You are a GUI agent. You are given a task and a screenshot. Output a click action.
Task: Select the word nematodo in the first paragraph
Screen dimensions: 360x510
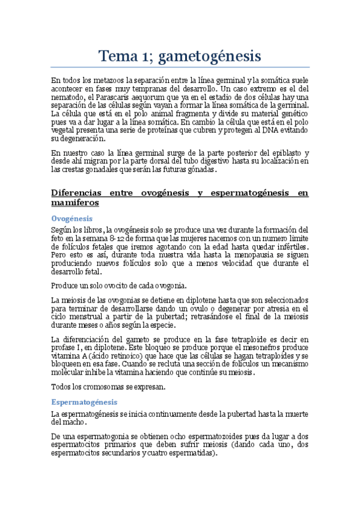68,97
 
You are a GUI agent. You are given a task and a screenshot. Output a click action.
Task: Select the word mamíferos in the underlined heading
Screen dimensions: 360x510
75,203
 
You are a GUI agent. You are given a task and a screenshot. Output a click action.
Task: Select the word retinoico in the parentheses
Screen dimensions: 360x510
114,355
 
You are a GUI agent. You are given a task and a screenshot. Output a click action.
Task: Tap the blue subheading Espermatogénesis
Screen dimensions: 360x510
84,402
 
